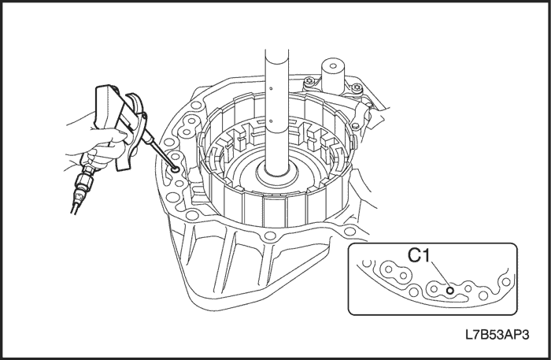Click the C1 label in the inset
coord(419,255)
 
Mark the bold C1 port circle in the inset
coord(449,291)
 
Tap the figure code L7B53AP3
coord(497,335)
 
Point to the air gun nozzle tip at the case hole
coord(175,170)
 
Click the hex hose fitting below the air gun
coord(86,182)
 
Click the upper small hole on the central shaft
coord(271,88)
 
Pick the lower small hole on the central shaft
coord(271,121)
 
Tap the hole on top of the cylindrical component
coord(332,65)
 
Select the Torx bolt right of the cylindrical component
coord(357,87)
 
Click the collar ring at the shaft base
coord(278,175)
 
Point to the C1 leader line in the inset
coord(439,274)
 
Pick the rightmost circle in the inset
coord(506,281)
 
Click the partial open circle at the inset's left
coord(367,263)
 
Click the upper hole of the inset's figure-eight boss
coord(389,269)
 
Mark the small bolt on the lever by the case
coord(355,125)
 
